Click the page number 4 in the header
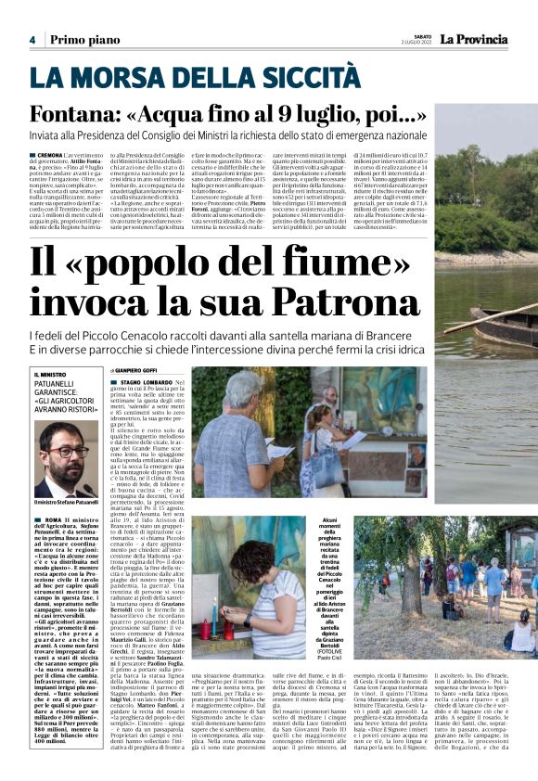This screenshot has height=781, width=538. [x=32, y=40]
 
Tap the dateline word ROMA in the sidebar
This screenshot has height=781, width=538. [x=52, y=520]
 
